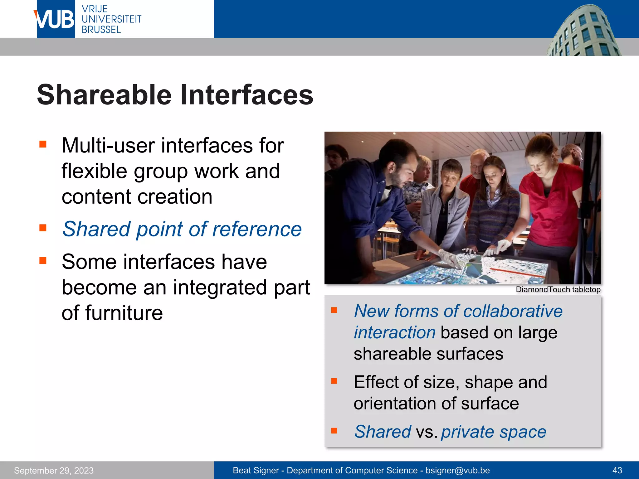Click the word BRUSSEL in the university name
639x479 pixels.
[101, 30]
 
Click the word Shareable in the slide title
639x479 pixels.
[104, 95]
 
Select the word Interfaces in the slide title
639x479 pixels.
[246, 95]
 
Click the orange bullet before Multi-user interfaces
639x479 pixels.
[43, 144]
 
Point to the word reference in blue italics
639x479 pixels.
[256, 229]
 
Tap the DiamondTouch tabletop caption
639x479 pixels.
[558, 290]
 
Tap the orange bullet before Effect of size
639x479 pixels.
[334, 381]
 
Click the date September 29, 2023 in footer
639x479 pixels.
[54, 471]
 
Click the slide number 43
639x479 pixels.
[617, 471]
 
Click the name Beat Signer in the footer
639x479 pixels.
[256, 471]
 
